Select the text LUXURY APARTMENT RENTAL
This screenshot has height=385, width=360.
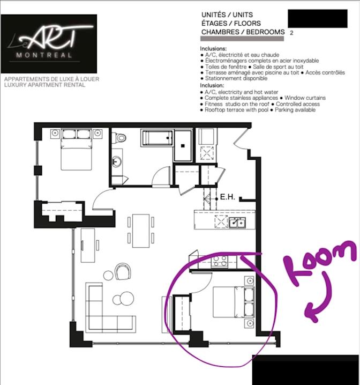44,84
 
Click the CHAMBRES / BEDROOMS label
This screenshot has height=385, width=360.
243,32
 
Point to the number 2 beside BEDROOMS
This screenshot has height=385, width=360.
291,33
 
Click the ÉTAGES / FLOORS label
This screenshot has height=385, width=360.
231,23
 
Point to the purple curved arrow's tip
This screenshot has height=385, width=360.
307,313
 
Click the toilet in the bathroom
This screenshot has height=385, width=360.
121,138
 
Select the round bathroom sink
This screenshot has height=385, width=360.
116,161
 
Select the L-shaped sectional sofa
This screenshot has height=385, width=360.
105,313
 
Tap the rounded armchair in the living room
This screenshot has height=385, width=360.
123,271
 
